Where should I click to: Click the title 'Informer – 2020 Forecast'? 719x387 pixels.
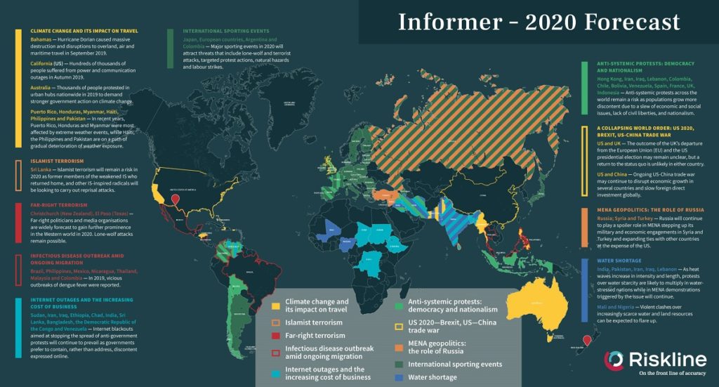(x=539, y=22)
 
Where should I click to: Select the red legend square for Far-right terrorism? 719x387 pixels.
(x=277, y=336)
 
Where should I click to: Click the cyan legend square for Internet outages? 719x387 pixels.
(x=277, y=373)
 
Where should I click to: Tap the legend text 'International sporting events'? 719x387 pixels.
(x=455, y=365)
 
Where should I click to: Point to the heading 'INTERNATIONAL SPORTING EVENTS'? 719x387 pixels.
(x=225, y=32)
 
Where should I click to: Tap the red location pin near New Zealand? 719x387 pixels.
(x=586, y=339)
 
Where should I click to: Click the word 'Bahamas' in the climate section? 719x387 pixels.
(x=41, y=41)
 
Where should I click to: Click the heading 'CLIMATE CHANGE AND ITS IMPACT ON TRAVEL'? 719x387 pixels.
(x=84, y=31)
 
